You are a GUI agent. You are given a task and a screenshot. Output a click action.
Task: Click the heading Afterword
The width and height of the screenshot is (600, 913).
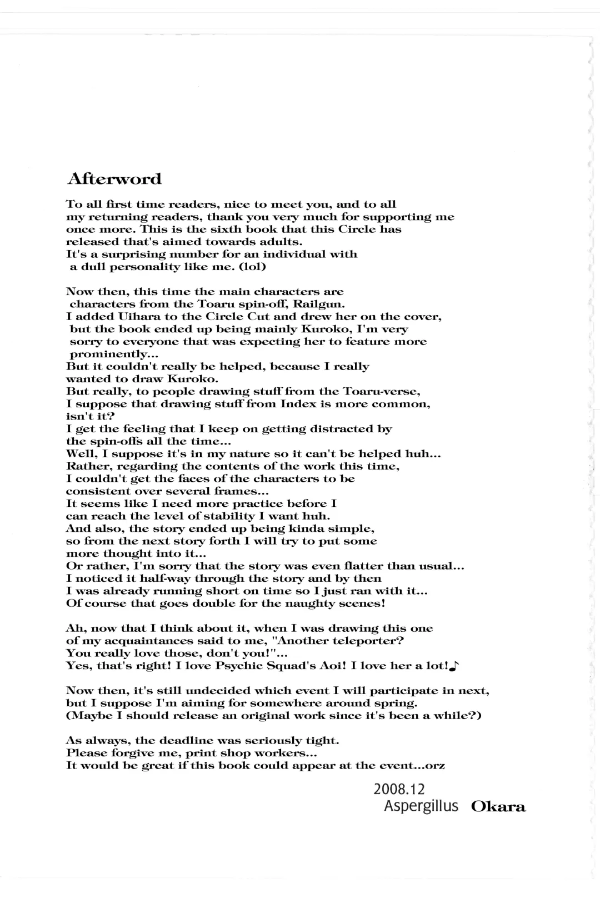click(114, 179)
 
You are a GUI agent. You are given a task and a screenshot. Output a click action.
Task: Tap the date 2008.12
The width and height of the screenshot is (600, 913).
click(399, 789)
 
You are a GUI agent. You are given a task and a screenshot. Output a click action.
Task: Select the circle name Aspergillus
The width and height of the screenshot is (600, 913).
click(421, 806)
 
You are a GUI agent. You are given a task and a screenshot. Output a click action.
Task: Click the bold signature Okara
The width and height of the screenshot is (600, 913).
click(498, 807)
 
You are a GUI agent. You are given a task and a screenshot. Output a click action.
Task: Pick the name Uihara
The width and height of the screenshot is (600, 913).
click(137, 317)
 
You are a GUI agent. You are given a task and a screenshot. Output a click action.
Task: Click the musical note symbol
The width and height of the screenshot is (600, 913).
click(453, 666)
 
